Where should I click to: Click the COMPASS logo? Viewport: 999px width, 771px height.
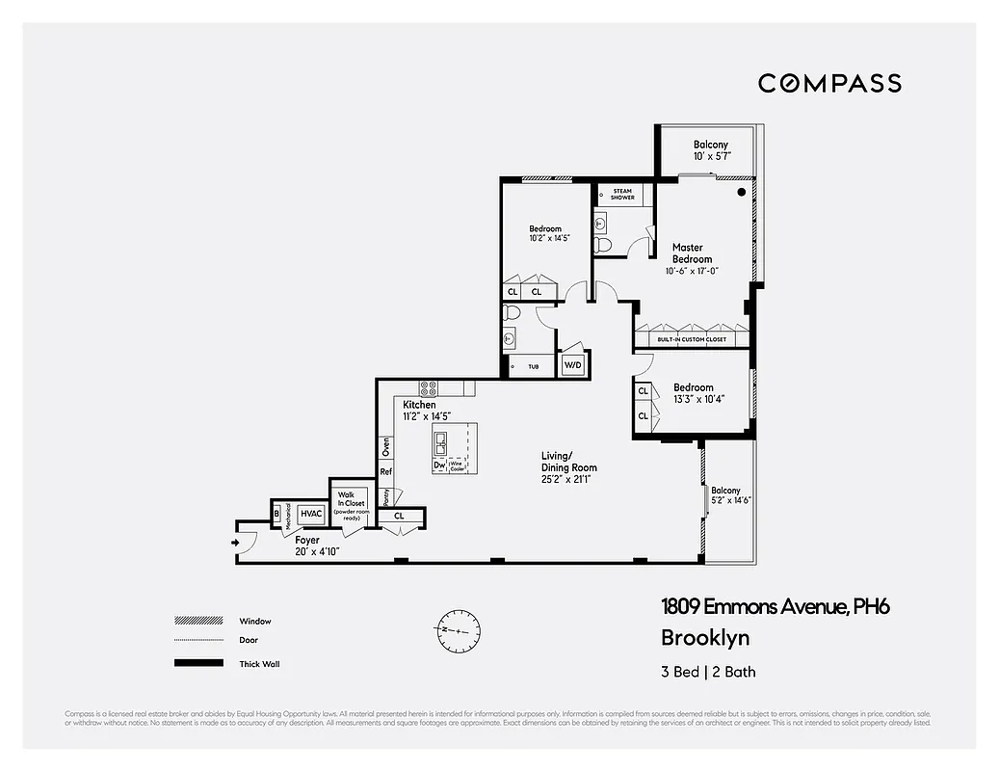829,83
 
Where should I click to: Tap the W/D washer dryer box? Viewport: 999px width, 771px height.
573,365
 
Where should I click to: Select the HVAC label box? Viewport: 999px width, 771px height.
310,515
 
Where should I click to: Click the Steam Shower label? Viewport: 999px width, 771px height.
622,194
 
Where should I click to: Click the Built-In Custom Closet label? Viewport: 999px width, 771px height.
692,340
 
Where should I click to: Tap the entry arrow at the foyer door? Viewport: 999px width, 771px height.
235,543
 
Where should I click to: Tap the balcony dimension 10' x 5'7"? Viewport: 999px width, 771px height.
712,156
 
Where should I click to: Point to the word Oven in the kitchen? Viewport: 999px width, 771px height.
386,447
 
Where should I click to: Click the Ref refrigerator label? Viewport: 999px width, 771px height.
386,472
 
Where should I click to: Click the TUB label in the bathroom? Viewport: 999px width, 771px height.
533,366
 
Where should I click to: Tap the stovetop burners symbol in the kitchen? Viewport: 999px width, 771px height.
429,388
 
